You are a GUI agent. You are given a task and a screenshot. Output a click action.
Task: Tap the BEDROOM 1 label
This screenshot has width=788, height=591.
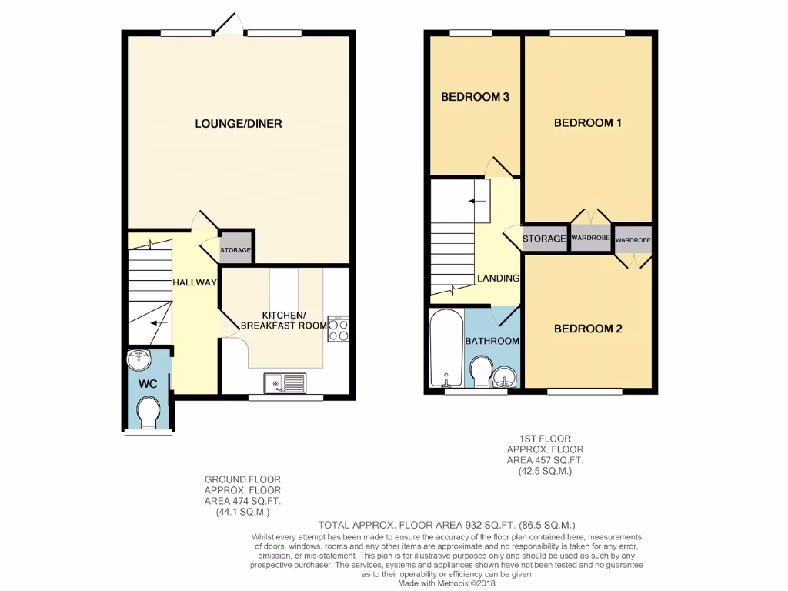coord(588,122)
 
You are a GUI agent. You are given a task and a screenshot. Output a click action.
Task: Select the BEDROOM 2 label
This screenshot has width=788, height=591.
coord(588,329)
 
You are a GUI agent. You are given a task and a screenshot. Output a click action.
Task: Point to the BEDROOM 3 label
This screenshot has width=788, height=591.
coord(475,97)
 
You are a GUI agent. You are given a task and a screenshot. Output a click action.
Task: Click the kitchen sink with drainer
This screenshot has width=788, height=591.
coord(285,382)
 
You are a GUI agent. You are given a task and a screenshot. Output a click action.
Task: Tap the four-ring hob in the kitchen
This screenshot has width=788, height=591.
coord(338,329)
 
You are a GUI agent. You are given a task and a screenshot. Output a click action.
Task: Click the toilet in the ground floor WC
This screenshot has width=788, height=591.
coord(148,412)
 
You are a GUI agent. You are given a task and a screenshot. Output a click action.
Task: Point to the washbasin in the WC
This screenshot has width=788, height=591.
coord(140,359)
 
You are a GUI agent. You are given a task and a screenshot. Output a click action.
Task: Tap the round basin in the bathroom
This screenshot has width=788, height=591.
coord(506,376)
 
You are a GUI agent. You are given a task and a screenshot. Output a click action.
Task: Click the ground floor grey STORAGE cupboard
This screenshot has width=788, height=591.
coord(235,250)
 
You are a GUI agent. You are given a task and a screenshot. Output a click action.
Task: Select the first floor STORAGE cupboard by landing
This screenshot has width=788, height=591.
coord(544,239)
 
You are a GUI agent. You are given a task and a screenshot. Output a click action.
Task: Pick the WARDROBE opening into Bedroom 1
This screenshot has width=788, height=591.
coord(590,239)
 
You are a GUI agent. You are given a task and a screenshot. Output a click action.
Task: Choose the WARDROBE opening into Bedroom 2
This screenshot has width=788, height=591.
coord(633,240)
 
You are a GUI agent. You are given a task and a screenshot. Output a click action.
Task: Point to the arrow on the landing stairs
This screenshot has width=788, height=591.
coord(477,200)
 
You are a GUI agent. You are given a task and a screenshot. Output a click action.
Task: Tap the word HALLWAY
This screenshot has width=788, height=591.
coord(194,282)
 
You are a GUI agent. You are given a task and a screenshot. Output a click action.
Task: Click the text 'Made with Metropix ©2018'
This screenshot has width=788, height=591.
coord(447,583)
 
